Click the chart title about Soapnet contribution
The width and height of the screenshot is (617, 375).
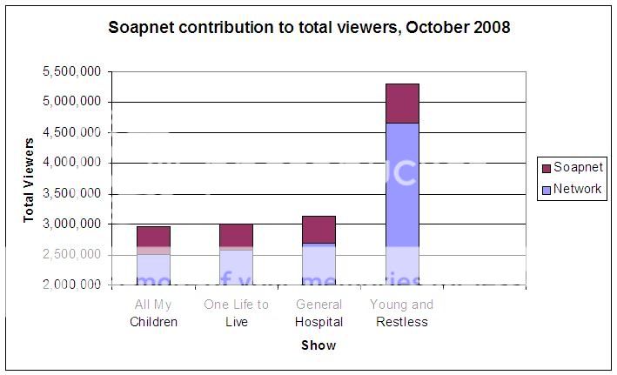point(309,27)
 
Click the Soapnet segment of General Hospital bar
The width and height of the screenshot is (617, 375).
point(319,230)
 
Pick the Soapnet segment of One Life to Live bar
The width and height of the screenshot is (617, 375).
point(236,236)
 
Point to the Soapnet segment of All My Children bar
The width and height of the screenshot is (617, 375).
point(153,237)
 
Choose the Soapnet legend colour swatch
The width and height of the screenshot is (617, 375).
point(546,168)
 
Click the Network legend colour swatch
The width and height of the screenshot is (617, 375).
point(546,189)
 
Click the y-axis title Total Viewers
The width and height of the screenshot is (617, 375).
point(29,178)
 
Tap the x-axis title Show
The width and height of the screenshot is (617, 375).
point(319,345)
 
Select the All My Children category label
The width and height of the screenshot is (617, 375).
point(153,313)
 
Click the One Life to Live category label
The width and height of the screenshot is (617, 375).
point(236,313)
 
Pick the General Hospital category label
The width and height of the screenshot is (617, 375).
point(319,313)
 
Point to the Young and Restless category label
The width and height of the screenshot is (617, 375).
point(401,313)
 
